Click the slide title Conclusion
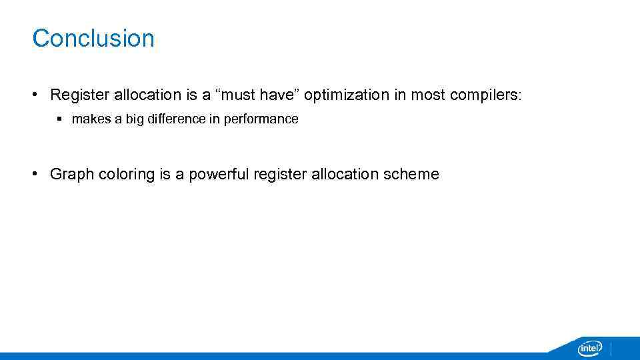[x=93, y=38]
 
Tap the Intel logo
[x=589, y=348]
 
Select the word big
[x=136, y=119]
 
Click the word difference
[x=176, y=119]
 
